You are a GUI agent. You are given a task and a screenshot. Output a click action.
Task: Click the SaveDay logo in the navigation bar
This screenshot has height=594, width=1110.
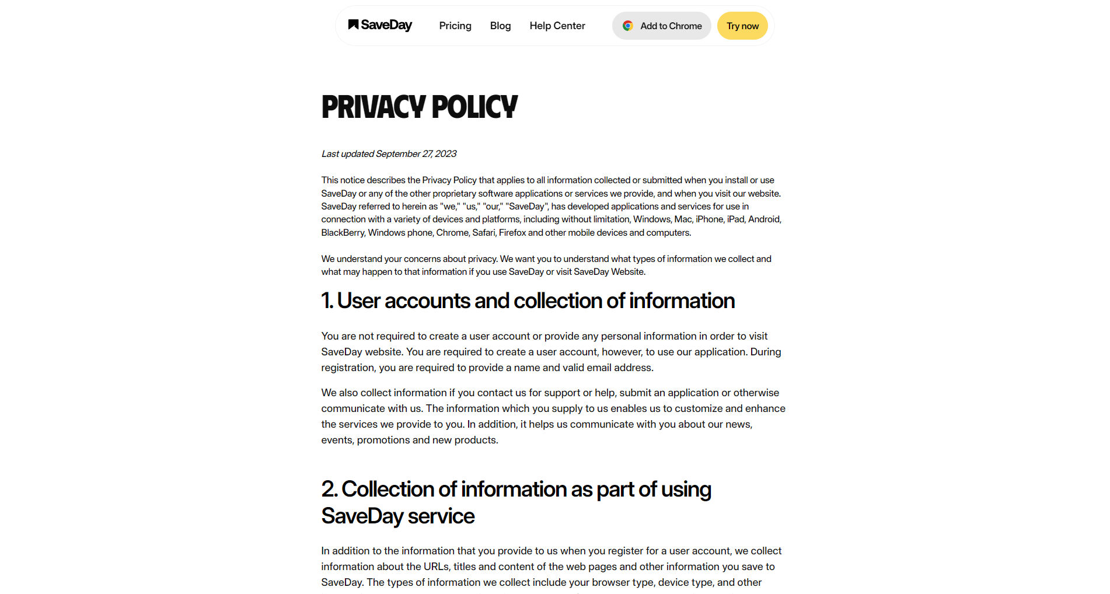(380, 25)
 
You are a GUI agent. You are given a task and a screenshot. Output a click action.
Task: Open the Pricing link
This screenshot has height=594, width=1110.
(455, 26)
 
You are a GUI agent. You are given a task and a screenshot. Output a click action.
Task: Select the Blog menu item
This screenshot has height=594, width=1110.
(500, 26)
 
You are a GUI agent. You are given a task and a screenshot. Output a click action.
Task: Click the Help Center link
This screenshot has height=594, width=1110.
(557, 26)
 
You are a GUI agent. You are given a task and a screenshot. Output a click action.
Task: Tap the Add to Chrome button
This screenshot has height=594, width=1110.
(661, 26)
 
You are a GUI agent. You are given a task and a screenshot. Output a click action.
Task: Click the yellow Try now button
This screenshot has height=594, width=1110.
(742, 26)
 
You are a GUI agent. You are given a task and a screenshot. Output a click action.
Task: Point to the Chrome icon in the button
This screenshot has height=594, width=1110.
(628, 26)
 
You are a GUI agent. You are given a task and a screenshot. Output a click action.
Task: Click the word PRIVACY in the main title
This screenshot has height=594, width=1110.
(374, 107)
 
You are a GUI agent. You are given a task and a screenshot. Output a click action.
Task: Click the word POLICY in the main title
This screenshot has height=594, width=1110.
(474, 107)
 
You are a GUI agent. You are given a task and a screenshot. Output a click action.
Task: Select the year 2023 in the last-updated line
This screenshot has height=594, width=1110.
(446, 154)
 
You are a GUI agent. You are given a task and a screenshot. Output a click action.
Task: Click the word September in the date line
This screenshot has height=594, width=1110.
(398, 154)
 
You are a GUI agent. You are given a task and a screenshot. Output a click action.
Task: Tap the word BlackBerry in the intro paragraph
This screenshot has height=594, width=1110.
(343, 233)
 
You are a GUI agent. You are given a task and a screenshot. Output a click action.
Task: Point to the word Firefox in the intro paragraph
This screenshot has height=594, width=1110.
(512, 233)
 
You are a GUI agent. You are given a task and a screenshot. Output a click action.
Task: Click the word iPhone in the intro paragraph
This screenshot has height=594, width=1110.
(710, 219)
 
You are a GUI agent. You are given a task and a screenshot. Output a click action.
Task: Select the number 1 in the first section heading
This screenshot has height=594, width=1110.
(326, 301)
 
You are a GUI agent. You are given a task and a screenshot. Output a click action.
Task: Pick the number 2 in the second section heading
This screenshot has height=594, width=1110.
(329, 490)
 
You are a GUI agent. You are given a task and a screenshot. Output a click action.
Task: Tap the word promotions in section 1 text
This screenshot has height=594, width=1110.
(383, 440)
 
